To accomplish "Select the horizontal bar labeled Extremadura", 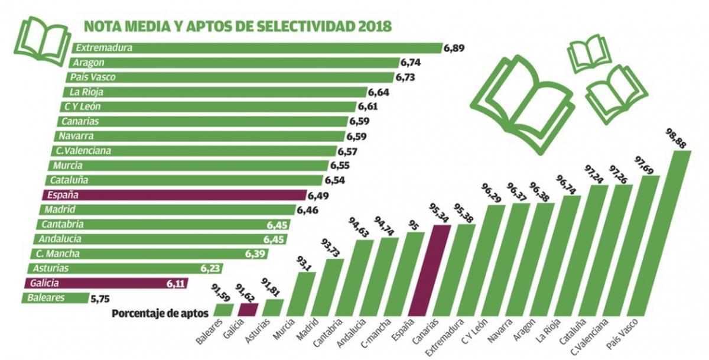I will (257, 48).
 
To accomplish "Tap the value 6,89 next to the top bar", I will (455, 48).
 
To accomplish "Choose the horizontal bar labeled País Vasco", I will (230, 77).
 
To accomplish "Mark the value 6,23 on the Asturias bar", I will (210, 269).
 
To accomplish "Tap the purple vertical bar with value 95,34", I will (437, 271).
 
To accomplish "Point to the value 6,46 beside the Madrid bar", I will (308, 210).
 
